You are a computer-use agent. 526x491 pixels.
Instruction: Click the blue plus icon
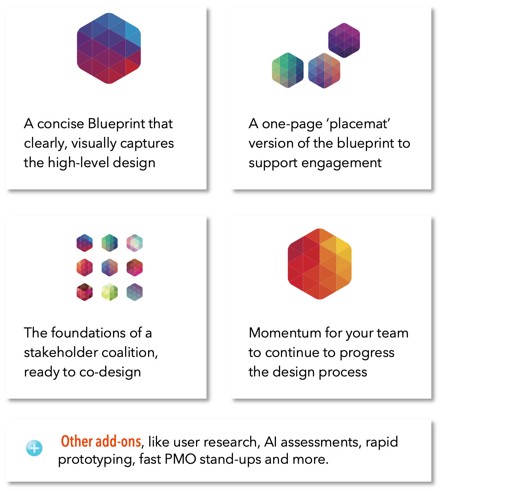click(x=34, y=448)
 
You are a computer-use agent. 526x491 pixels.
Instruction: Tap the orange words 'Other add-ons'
click(x=101, y=442)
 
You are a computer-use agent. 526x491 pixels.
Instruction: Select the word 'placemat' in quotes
click(x=358, y=124)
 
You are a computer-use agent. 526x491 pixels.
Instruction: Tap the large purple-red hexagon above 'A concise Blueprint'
click(x=109, y=48)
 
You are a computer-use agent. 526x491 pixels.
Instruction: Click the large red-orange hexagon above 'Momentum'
click(x=319, y=264)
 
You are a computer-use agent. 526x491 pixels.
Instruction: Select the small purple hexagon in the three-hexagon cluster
click(x=344, y=40)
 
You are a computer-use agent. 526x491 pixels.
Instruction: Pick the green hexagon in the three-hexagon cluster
click(x=288, y=70)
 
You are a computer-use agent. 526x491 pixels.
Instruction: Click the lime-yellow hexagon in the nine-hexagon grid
click(x=109, y=292)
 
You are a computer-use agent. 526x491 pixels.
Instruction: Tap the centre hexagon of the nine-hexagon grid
click(x=109, y=267)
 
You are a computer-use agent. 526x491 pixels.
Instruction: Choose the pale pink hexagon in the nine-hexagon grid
click(x=134, y=243)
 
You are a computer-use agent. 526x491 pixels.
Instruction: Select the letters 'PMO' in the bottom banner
click(x=180, y=459)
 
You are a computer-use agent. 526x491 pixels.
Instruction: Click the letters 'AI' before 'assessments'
click(x=271, y=442)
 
